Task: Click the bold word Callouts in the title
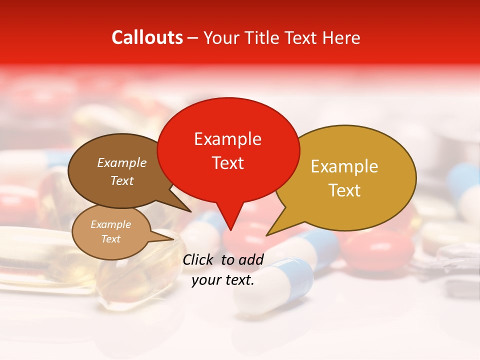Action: (147, 37)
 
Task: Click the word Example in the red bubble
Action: (227, 139)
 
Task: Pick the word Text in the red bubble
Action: (228, 163)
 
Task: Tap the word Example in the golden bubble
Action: (344, 166)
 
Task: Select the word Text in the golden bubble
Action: (344, 190)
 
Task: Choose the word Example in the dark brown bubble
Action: (121, 163)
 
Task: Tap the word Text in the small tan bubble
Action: (110, 239)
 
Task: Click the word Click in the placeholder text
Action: (198, 259)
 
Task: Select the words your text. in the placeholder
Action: (223, 280)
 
